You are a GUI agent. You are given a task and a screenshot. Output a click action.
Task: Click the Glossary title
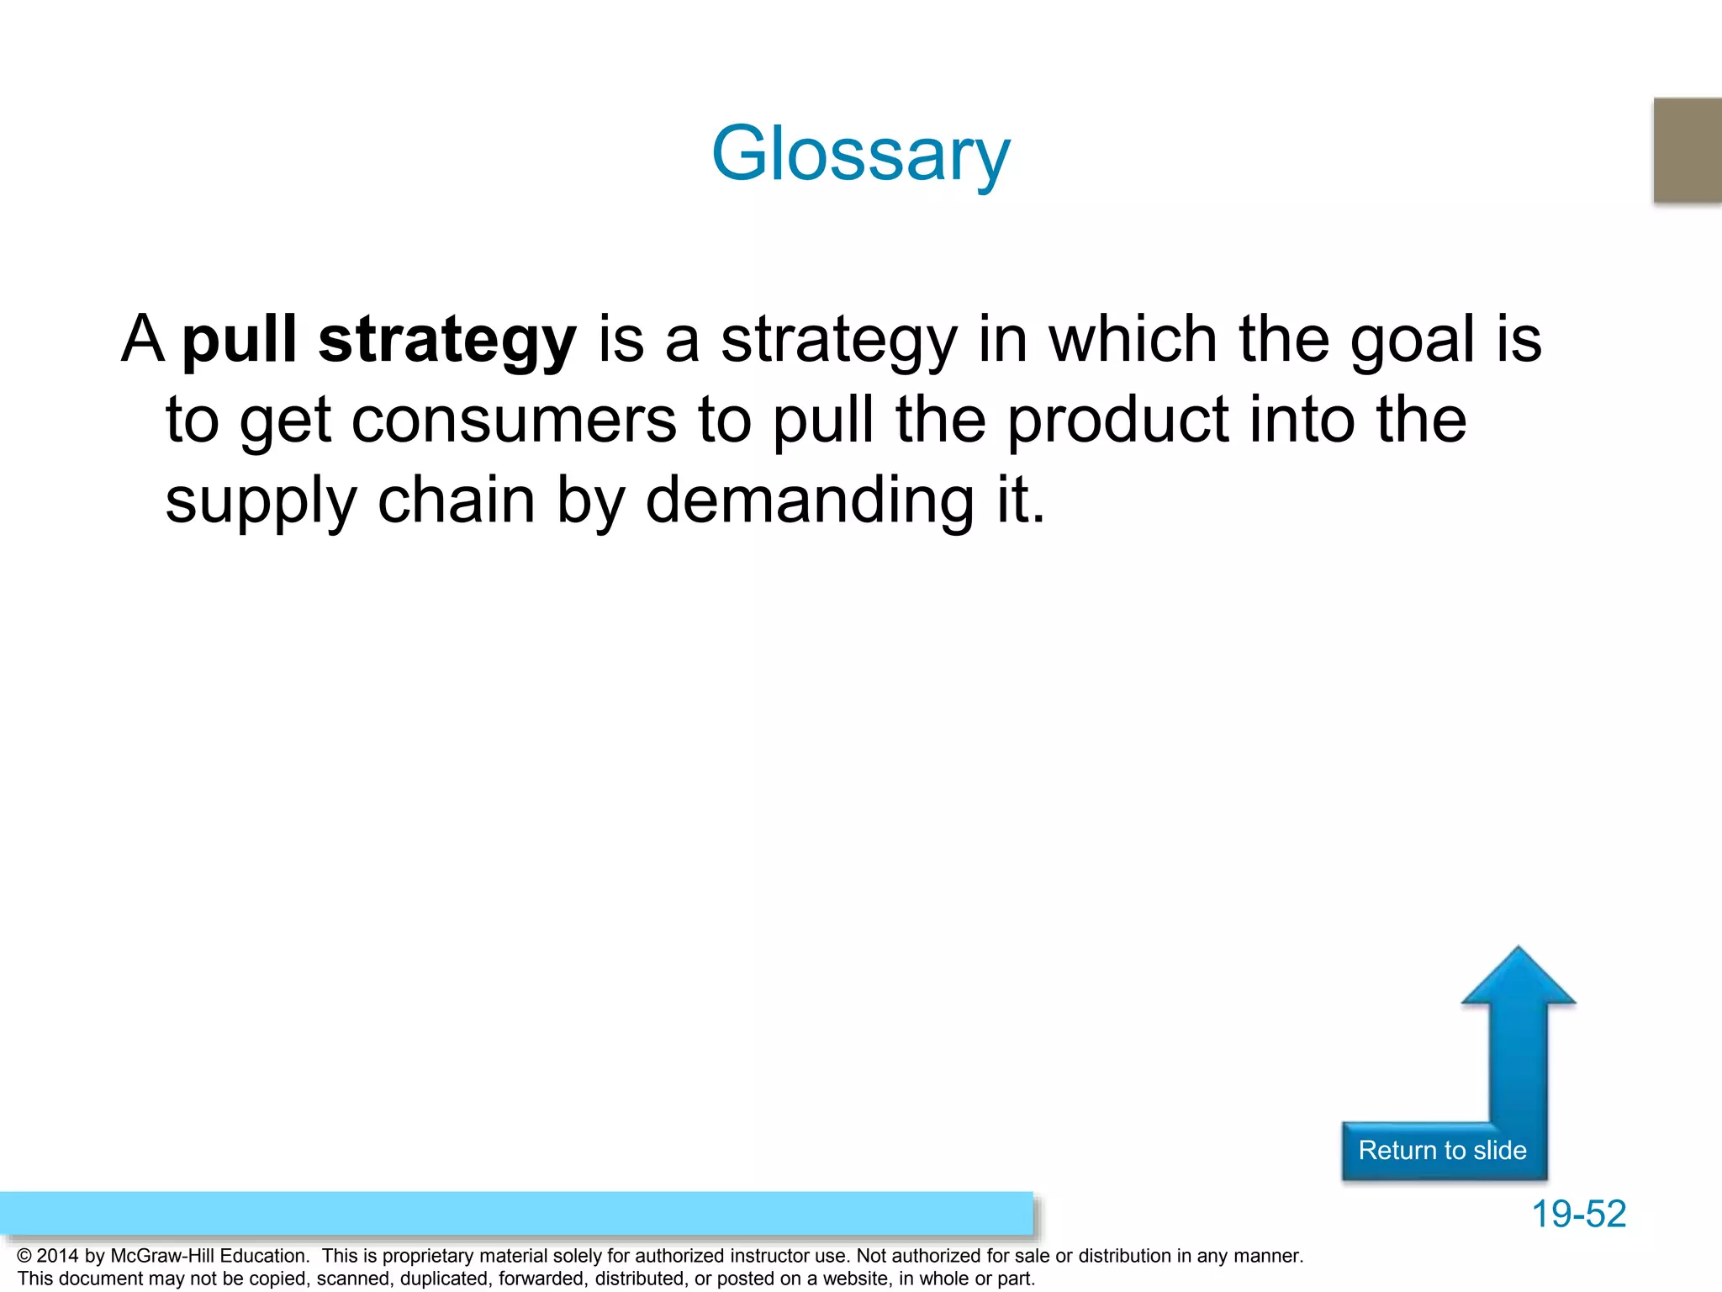860,154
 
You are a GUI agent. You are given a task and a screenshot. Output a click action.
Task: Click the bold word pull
240,340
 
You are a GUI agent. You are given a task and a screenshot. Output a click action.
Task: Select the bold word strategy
447,340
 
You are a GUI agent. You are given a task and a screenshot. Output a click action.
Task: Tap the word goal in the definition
1413,340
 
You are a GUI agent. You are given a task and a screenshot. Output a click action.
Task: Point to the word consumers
513,421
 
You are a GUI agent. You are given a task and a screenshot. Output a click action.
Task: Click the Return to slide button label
1442,1150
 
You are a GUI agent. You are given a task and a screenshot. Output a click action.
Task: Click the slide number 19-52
1578,1214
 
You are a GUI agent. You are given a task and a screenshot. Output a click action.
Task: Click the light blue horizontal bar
516,1213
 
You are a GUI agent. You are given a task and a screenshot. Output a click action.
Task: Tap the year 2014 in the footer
57,1256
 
